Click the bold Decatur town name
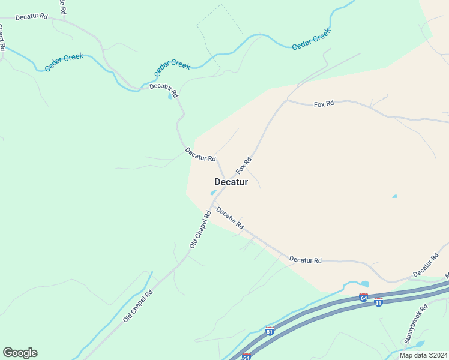click(x=231, y=182)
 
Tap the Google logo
click(x=20, y=353)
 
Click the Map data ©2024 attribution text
click(x=423, y=355)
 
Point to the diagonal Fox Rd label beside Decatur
click(x=243, y=166)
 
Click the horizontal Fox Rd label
click(x=324, y=104)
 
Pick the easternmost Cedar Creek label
click(x=312, y=40)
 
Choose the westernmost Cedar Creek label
click(x=64, y=62)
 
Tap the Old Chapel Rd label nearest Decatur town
click(x=200, y=229)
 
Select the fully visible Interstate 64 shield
click(x=363, y=297)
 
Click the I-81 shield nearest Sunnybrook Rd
click(x=378, y=301)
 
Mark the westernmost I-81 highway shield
click(x=270, y=331)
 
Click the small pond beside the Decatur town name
click(x=212, y=193)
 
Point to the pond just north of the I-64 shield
click(x=364, y=284)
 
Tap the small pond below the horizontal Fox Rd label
click(x=394, y=196)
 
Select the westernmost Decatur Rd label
click(x=31, y=16)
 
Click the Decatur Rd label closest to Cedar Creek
click(x=164, y=90)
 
